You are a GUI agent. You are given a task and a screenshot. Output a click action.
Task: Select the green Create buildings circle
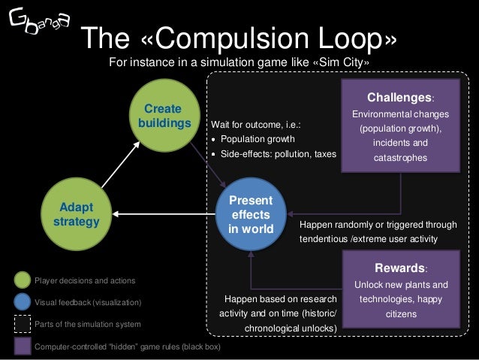pos(162,116)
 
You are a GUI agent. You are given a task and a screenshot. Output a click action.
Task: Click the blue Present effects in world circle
pos(251,214)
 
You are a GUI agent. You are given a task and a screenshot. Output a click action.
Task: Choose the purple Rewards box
pos(400,289)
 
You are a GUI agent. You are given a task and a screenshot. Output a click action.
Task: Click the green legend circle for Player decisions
pos(23,280)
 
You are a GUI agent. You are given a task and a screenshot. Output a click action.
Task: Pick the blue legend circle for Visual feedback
pos(23,302)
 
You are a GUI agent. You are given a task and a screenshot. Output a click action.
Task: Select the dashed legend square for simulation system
pos(23,324)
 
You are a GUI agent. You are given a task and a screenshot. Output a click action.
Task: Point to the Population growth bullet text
pos(258,139)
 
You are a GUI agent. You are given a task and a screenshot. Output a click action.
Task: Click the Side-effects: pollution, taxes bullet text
pos(278,153)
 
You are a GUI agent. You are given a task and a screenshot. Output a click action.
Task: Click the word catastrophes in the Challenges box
pos(400,158)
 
